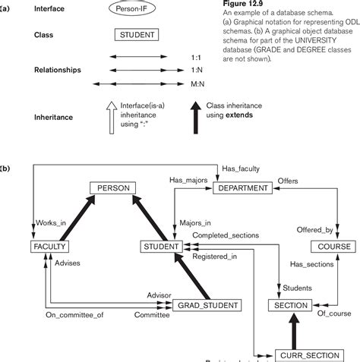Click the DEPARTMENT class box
tap(241, 187)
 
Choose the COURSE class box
tap(333, 247)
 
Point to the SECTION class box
tap(289, 305)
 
